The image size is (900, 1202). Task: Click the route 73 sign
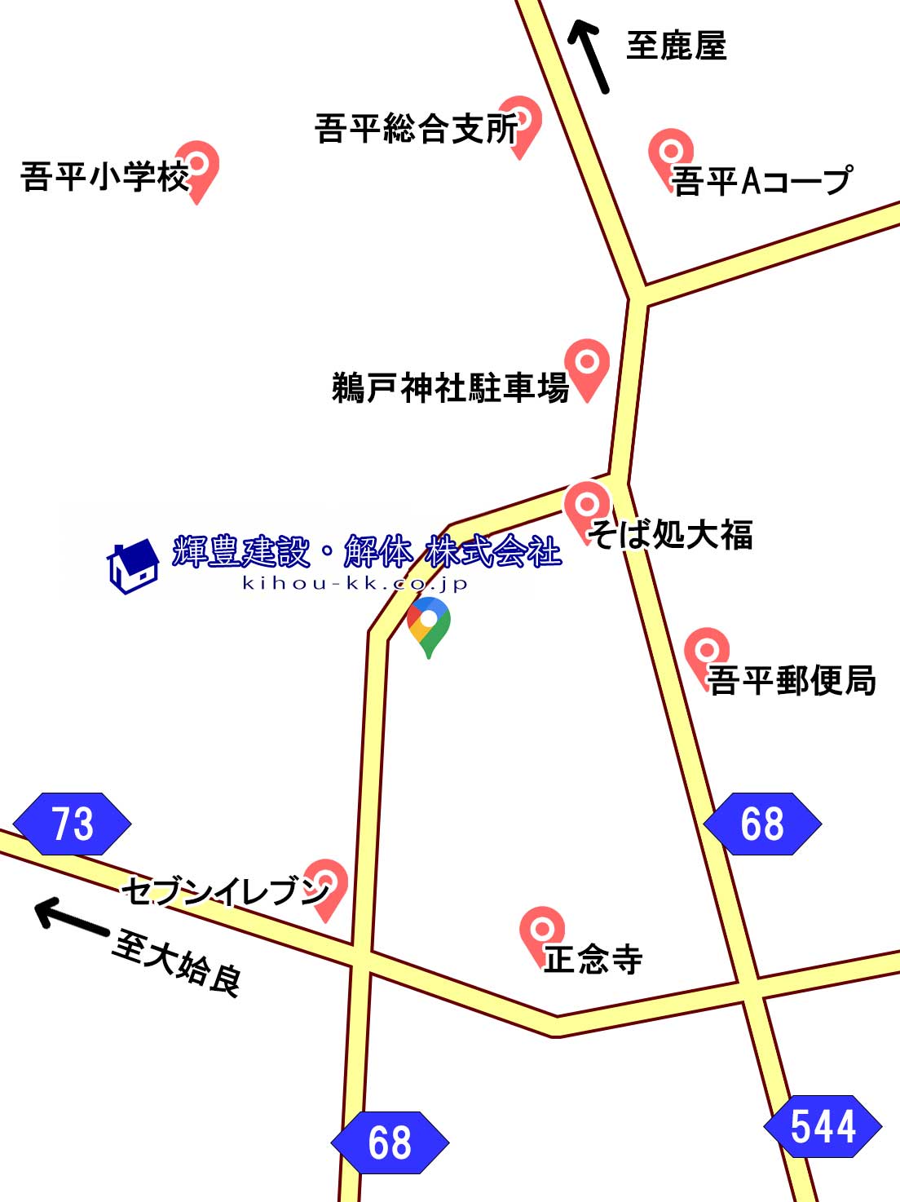pyautogui.click(x=72, y=824)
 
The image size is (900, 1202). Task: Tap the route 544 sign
pyautogui.click(x=823, y=1126)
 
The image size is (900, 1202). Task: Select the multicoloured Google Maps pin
pyautogui.click(x=429, y=625)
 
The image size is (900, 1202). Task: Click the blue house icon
pyautogui.click(x=133, y=564)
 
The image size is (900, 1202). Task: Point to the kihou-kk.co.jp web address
pyautogui.click(x=355, y=583)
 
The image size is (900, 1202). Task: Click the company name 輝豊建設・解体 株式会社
pyautogui.click(x=367, y=552)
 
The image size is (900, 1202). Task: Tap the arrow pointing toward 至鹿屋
pyautogui.click(x=589, y=55)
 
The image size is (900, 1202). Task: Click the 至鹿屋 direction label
pyautogui.click(x=676, y=46)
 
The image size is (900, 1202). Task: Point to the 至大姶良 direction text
pyautogui.click(x=176, y=963)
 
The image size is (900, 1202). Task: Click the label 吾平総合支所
pyautogui.click(x=416, y=129)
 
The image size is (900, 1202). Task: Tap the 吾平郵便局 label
pyautogui.click(x=791, y=680)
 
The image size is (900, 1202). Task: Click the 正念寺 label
pyautogui.click(x=593, y=959)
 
